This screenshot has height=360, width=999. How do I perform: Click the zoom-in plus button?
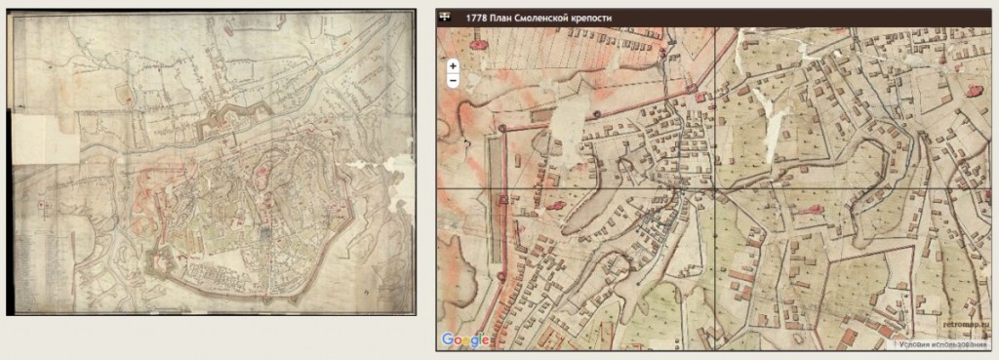pos(454,65)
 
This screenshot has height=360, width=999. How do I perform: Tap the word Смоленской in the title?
pos(559,17)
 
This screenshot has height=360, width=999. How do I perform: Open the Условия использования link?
pos(943,344)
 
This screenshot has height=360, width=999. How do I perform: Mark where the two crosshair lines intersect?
pos(715,187)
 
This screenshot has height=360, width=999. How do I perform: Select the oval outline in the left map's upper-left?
pos(125,96)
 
